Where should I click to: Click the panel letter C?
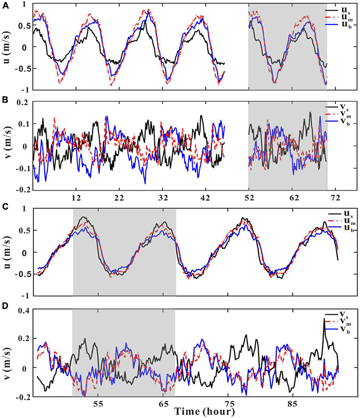click(x=5, y=207)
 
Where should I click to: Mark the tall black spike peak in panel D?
click(x=324, y=319)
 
